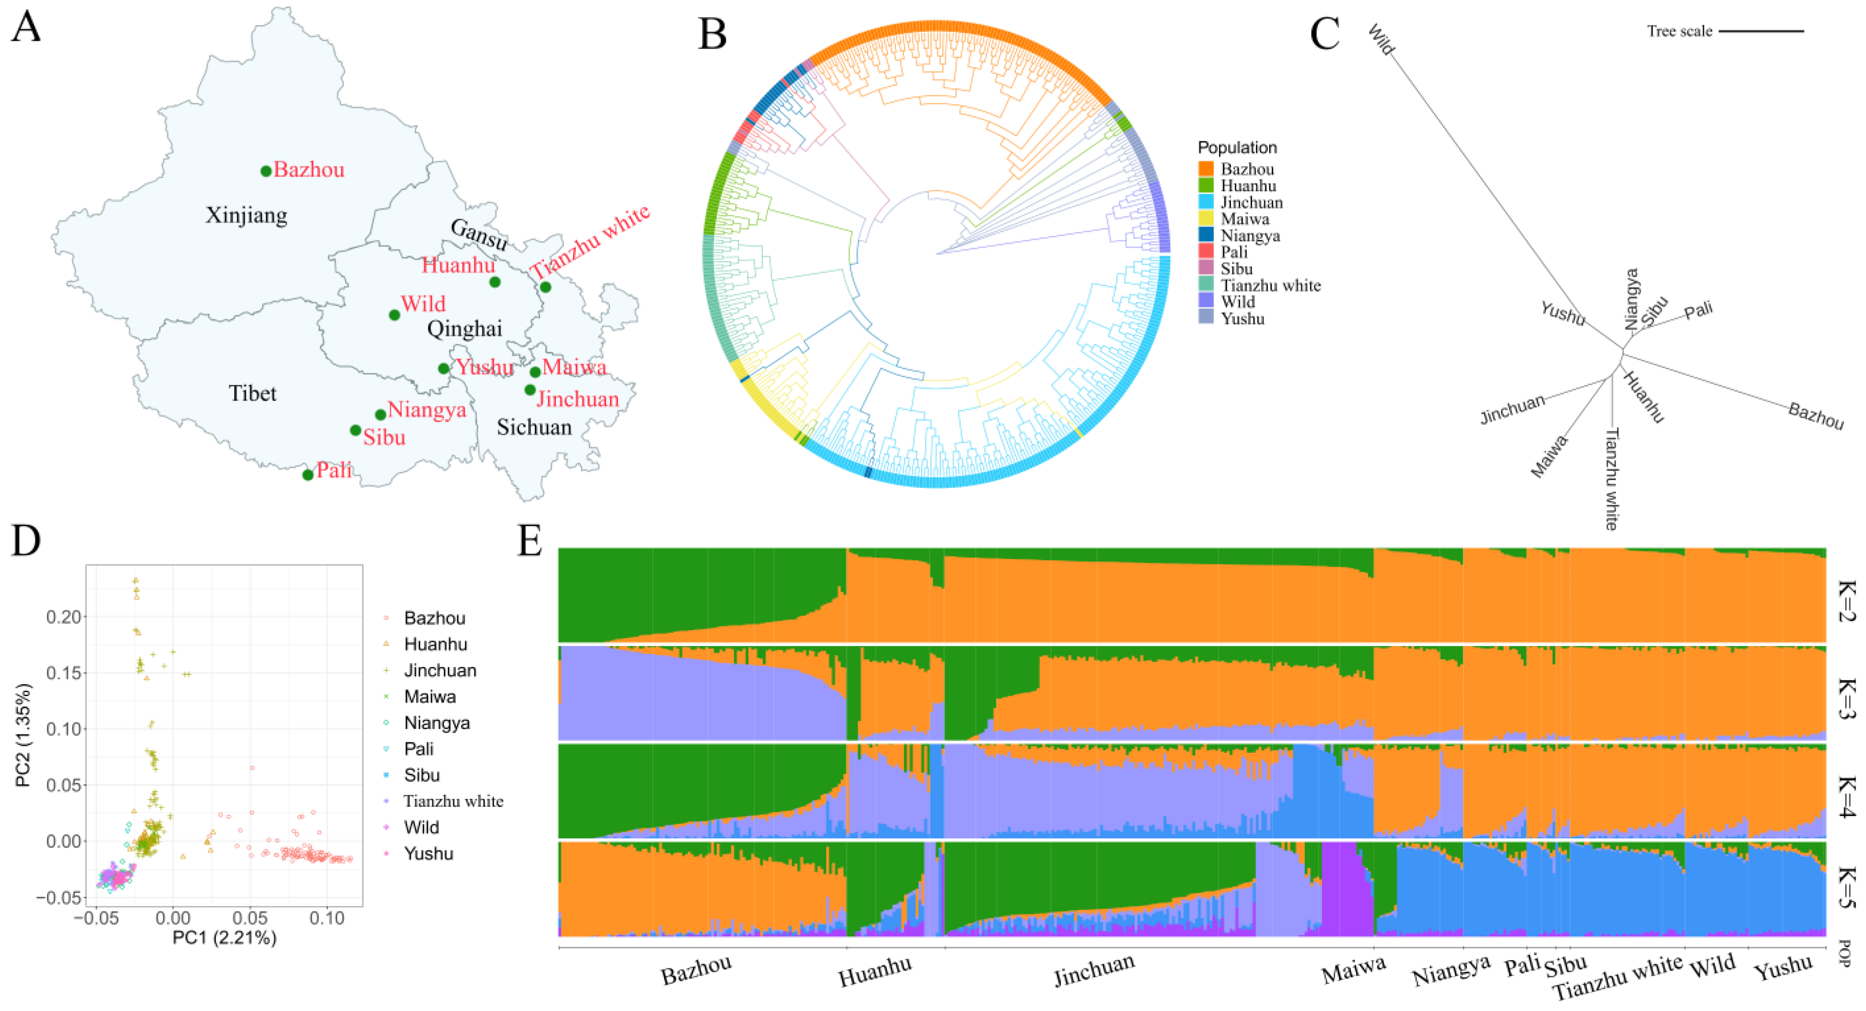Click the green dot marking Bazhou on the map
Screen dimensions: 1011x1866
(266, 171)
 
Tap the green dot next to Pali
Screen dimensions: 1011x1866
(308, 474)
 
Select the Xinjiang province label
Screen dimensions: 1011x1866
(246, 215)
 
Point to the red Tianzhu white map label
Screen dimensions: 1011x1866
(590, 242)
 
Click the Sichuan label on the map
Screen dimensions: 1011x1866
(534, 427)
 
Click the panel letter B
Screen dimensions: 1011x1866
(712, 34)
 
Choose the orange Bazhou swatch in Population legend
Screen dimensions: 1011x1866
(1206, 169)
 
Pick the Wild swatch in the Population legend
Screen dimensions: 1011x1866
(1206, 301)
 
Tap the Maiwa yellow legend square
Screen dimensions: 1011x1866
(1206, 219)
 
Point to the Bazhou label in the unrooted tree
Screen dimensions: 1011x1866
(1815, 416)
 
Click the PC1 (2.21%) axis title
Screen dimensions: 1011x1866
(224, 938)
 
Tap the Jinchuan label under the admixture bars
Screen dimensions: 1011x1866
(1094, 971)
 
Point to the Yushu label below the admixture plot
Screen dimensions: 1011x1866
(1783, 968)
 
